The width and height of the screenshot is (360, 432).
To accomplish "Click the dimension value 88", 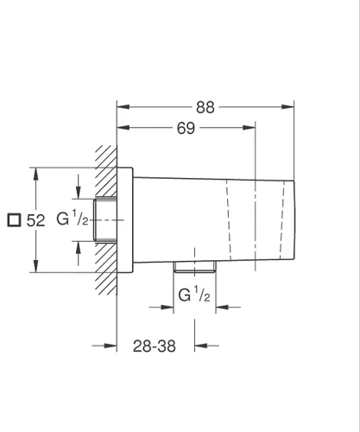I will coord(205,107).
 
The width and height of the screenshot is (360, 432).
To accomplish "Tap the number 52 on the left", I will coord(35,220).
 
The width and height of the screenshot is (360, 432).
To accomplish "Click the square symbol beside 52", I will coord(13,220).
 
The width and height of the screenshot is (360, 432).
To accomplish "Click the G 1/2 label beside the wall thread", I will coord(73,219).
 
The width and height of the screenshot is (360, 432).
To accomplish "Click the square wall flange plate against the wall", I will coord(126,219).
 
